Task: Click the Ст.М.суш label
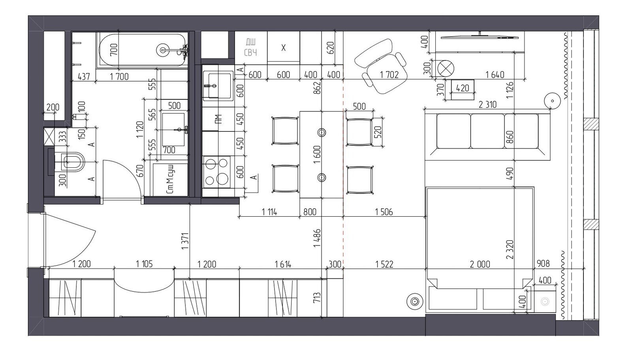(170, 179)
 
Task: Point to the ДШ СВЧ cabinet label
(250, 47)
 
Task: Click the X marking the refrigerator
(284, 48)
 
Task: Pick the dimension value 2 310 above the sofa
(487, 105)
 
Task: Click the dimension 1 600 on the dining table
(317, 154)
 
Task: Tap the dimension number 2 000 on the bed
(480, 264)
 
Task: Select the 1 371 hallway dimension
(185, 241)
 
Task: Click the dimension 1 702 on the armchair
(389, 75)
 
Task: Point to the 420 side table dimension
(463, 88)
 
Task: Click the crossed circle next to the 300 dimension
(446, 69)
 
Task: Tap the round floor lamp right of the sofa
(553, 101)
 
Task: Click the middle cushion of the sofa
(487, 131)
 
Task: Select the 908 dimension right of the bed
(543, 264)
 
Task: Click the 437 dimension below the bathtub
(84, 77)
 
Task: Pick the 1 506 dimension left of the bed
(384, 212)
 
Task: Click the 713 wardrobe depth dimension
(317, 298)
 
